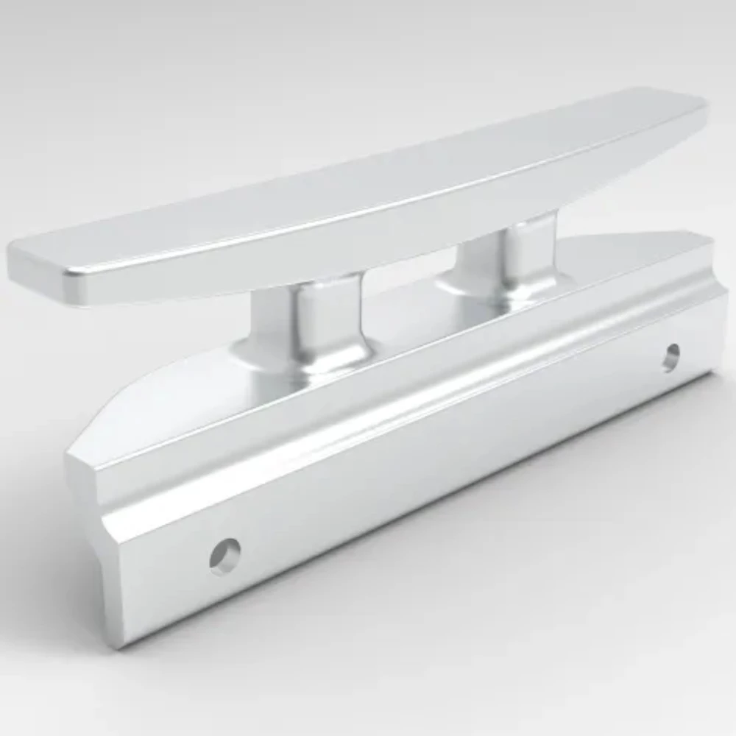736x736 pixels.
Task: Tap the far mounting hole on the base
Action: pyautogui.click(x=670, y=357)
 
